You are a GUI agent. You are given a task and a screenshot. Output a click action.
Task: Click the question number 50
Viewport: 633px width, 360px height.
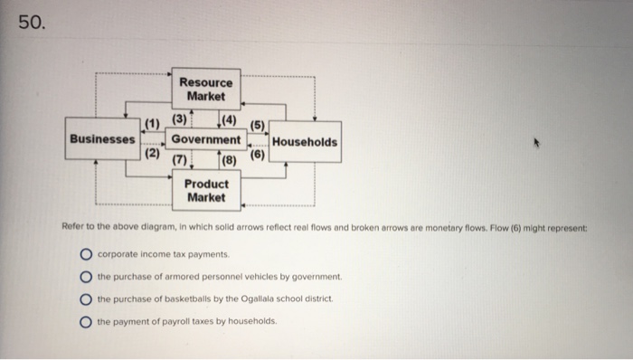32,22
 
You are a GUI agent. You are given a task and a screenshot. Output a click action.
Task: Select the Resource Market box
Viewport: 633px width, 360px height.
206,90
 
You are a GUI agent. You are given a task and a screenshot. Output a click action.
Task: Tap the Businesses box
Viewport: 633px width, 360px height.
102,138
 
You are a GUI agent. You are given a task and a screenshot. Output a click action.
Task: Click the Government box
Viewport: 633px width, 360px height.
206,139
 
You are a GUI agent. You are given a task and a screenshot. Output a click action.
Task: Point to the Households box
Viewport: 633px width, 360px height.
305,142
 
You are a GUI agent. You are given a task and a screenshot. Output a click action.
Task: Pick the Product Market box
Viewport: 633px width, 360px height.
206,191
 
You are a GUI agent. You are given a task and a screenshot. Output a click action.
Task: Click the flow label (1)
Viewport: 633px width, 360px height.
152,124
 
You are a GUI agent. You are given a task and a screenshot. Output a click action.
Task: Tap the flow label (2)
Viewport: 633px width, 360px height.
152,153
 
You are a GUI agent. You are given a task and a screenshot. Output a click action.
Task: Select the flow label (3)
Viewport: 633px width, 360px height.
179,119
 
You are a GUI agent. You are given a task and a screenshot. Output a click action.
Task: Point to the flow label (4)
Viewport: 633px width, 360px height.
230,120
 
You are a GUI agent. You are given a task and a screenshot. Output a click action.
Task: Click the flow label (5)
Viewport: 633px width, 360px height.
257,126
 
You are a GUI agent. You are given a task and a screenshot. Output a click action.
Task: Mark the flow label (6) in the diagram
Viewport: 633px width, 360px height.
257,155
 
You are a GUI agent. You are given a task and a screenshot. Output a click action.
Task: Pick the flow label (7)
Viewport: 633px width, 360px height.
180,160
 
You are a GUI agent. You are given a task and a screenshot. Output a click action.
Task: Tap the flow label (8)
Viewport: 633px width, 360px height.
230,161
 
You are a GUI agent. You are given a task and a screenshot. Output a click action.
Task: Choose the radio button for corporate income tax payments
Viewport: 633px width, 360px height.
86,254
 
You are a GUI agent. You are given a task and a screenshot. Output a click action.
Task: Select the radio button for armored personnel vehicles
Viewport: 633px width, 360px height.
86,277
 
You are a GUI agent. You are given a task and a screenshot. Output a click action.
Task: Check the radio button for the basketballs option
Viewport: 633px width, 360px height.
86,299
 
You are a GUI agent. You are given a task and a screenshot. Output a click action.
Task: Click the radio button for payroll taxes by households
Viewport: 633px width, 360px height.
86,322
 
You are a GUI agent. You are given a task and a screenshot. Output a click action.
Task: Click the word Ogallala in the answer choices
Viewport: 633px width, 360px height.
257,299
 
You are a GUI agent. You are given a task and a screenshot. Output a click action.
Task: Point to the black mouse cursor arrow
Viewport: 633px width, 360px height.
536,143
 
